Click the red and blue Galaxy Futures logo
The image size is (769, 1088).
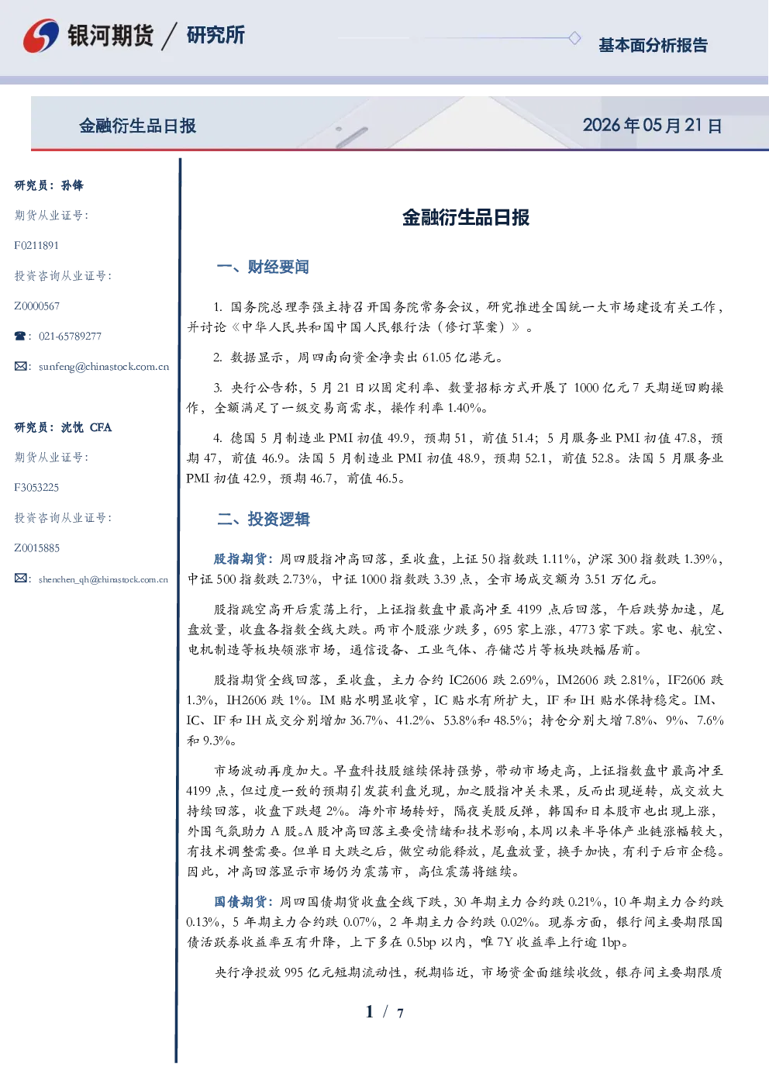point(41,36)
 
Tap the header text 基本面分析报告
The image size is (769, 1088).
point(653,45)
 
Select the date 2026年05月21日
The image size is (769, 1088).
point(653,126)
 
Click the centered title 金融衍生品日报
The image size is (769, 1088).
point(466,217)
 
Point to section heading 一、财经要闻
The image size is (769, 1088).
point(263,267)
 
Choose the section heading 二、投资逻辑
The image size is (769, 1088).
point(263,519)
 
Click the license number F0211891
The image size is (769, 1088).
point(36,245)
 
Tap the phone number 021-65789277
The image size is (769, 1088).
point(71,336)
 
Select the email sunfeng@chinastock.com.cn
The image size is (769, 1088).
point(104,367)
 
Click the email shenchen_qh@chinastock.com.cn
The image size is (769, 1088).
point(103,579)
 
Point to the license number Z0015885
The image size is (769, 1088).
point(37,548)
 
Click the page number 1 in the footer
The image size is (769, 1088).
point(370,1012)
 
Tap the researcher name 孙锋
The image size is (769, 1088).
point(72,185)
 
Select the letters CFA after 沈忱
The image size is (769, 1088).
point(101,427)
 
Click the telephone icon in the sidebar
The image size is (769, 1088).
point(20,336)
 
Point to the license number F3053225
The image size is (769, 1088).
point(36,488)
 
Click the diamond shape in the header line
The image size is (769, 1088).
point(574,38)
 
